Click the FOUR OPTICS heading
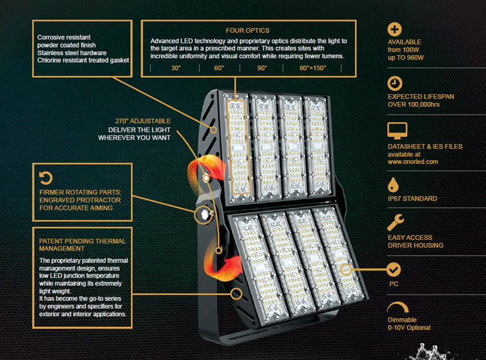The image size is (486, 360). pos(247,30)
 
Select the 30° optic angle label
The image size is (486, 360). pos(176,68)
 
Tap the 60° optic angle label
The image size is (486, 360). pos(218,68)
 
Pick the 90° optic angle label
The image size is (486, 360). pos(262,68)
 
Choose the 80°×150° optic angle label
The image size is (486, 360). pos(313,68)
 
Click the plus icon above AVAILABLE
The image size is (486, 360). pos(395,29)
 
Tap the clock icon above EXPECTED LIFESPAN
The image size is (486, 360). pos(395,83)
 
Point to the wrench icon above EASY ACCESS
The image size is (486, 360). pos(395,223)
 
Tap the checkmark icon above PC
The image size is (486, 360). pos(394,269)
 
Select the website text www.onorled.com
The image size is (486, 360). pos(413,162)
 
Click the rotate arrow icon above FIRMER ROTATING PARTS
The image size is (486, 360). pos(45,177)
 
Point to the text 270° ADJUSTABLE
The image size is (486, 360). pos(143,121)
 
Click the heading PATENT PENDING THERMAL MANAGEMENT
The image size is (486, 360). pos(82,245)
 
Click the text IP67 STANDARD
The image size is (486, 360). pos(412,198)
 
